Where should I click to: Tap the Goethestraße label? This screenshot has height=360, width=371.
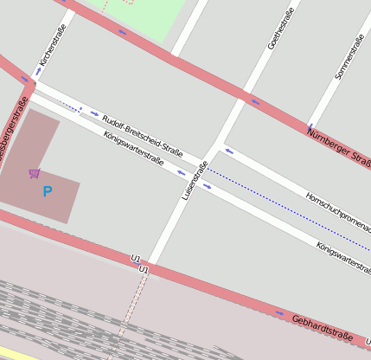tap(282, 29)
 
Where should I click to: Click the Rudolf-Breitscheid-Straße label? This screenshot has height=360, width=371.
tap(141, 134)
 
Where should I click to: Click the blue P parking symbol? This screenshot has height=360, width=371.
tap(48, 191)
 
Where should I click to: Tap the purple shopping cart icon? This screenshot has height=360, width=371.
tap(34, 173)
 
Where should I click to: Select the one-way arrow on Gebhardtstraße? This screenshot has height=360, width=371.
tap(278, 312)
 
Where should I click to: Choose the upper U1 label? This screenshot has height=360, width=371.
tap(136, 259)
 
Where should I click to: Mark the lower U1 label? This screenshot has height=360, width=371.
tap(144, 271)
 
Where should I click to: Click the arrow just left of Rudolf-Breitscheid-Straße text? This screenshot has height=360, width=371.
tap(94, 112)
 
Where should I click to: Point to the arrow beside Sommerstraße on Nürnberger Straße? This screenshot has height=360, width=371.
tap(309, 129)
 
